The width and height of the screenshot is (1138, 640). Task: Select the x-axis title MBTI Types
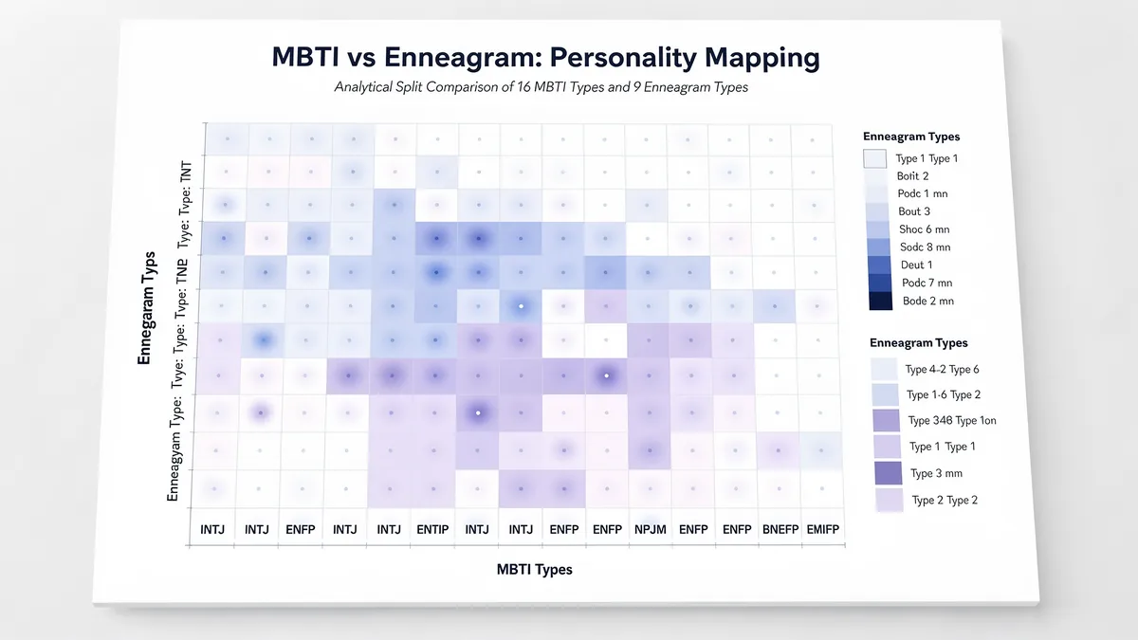click(534, 570)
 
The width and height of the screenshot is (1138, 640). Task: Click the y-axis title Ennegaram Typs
click(145, 307)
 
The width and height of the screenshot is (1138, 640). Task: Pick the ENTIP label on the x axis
click(432, 530)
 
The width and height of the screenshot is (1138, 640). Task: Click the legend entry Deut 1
click(916, 265)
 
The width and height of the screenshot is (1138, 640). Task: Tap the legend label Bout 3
click(914, 211)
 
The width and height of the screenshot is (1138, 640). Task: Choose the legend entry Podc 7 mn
click(927, 283)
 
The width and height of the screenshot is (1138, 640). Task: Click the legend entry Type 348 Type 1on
click(952, 421)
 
